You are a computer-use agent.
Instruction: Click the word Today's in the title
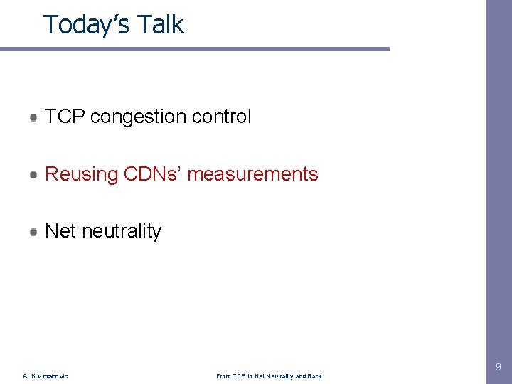[83, 25]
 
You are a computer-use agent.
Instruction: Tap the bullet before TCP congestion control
[34, 117]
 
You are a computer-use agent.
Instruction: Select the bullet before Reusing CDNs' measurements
[34, 174]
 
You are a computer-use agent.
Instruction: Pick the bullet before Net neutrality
[34, 231]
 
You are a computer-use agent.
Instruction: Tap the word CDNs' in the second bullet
[151, 174]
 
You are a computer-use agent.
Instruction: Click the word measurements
[252, 174]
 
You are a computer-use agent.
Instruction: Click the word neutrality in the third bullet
[122, 231]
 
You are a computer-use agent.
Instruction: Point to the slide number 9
[498, 368]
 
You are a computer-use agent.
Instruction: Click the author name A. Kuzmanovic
[46, 376]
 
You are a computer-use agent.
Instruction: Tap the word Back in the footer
[314, 376]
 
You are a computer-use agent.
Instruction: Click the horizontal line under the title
[195, 49]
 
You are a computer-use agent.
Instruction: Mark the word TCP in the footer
[239, 376]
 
